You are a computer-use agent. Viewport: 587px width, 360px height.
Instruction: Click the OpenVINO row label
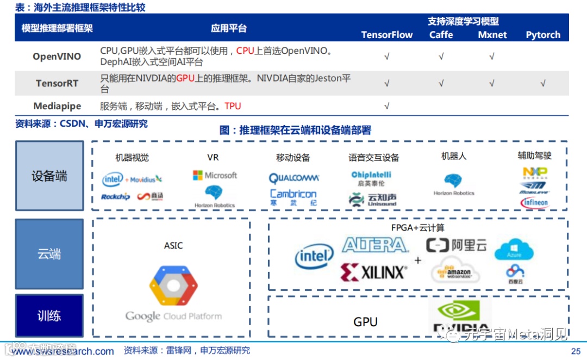pyautogui.click(x=57, y=56)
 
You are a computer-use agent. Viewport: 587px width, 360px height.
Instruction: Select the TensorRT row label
pyautogui.click(x=57, y=83)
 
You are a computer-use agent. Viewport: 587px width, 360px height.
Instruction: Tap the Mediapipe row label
pyautogui.click(x=57, y=106)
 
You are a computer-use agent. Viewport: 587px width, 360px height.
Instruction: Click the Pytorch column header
pyautogui.click(x=542, y=35)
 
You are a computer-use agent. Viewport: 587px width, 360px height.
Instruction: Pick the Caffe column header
pyautogui.click(x=441, y=35)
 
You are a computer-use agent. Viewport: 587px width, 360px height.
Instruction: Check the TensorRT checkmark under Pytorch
pyautogui.click(x=542, y=83)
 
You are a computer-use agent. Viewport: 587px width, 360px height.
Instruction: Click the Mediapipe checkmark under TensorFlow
pyautogui.click(x=387, y=106)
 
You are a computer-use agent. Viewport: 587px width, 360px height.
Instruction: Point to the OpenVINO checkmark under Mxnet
pyautogui.click(x=492, y=56)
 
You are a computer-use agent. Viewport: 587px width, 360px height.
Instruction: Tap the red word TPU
pyautogui.click(x=233, y=106)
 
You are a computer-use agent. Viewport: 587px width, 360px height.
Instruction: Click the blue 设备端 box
pyautogui.click(x=49, y=176)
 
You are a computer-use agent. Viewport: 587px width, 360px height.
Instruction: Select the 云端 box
pyautogui.click(x=49, y=254)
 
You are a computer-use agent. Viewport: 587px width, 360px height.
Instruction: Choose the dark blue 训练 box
pyautogui.click(x=49, y=315)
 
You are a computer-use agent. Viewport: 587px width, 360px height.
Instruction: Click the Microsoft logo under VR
pyautogui.click(x=215, y=175)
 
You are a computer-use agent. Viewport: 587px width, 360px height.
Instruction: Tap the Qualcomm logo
pyautogui.click(x=293, y=178)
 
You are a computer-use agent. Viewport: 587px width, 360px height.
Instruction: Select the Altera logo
pyautogui.click(x=374, y=245)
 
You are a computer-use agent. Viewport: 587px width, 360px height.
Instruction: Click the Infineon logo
pyautogui.click(x=535, y=203)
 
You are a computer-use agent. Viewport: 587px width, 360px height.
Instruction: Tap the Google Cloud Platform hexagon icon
pyautogui.click(x=173, y=285)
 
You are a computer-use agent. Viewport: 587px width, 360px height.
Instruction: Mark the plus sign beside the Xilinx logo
pyautogui.click(x=417, y=260)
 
